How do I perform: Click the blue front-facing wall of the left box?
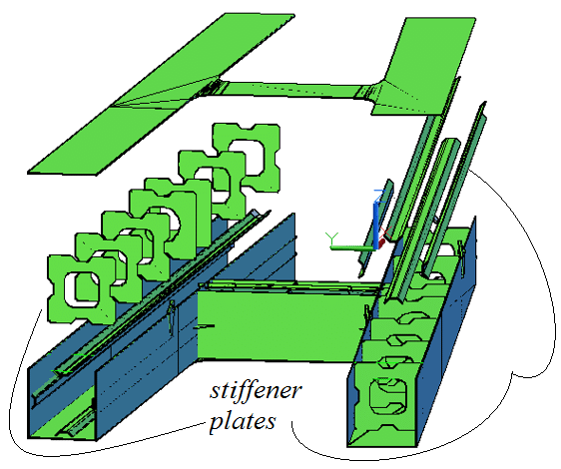coord(140,384)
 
